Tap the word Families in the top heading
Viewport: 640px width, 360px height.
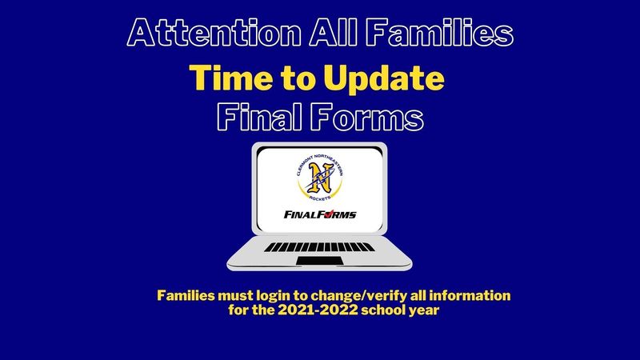tap(439, 33)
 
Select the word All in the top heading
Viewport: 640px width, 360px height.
tap(333, 33)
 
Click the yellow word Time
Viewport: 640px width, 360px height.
tap(231, 78)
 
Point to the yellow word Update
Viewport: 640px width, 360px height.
tap(384, 78)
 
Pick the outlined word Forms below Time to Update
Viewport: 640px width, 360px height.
tap(366, 117)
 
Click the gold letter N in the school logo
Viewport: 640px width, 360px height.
tap(319, 177)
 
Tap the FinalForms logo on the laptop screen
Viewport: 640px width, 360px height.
tap(320, 214)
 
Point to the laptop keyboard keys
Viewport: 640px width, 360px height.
tap(319, 247)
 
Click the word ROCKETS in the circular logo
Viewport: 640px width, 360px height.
tap(320, 198)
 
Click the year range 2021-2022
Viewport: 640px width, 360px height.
tap(318, 310)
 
